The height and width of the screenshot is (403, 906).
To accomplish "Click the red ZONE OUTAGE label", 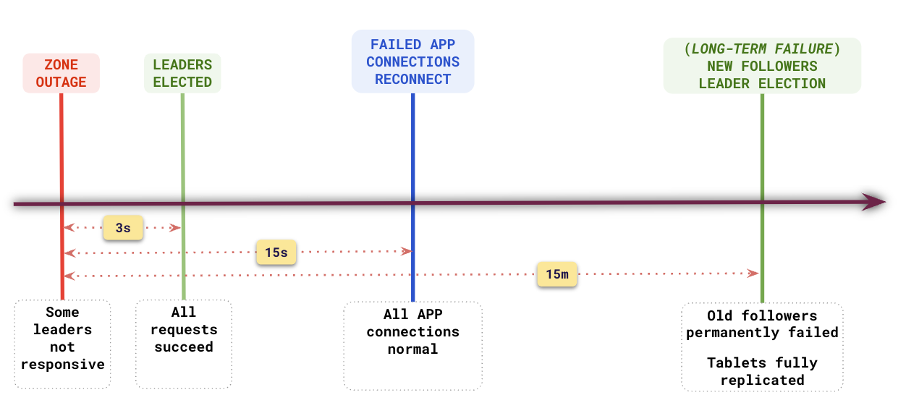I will click(x=61, y=73).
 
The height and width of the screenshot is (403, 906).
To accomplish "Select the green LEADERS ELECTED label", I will click(x=182, y=73).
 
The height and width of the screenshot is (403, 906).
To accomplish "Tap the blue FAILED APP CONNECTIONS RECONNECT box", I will click(x=412, y=61).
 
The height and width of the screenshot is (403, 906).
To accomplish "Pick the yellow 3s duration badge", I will click(x=123, y=227).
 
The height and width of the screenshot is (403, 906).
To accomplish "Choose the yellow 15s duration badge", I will click(x=276, y=253).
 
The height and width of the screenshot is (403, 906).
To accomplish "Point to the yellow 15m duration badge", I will click(x=556, y=274).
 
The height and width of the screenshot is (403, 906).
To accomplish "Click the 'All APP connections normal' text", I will click(x=412, y=331).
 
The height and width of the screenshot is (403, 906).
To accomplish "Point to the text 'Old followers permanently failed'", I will click(x=762, y=324).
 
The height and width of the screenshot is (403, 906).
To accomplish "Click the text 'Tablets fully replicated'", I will click(x=762, y=371).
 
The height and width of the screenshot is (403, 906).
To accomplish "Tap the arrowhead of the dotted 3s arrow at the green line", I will click(x=175, y=228).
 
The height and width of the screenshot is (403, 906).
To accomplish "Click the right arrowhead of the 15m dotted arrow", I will click(x=753, y=273).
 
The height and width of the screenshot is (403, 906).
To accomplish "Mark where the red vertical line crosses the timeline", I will click(x=62, y=203).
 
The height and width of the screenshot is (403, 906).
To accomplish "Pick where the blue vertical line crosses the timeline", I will click(x=412, y=203).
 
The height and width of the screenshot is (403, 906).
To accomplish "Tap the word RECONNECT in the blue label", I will click(x=412, y=79).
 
